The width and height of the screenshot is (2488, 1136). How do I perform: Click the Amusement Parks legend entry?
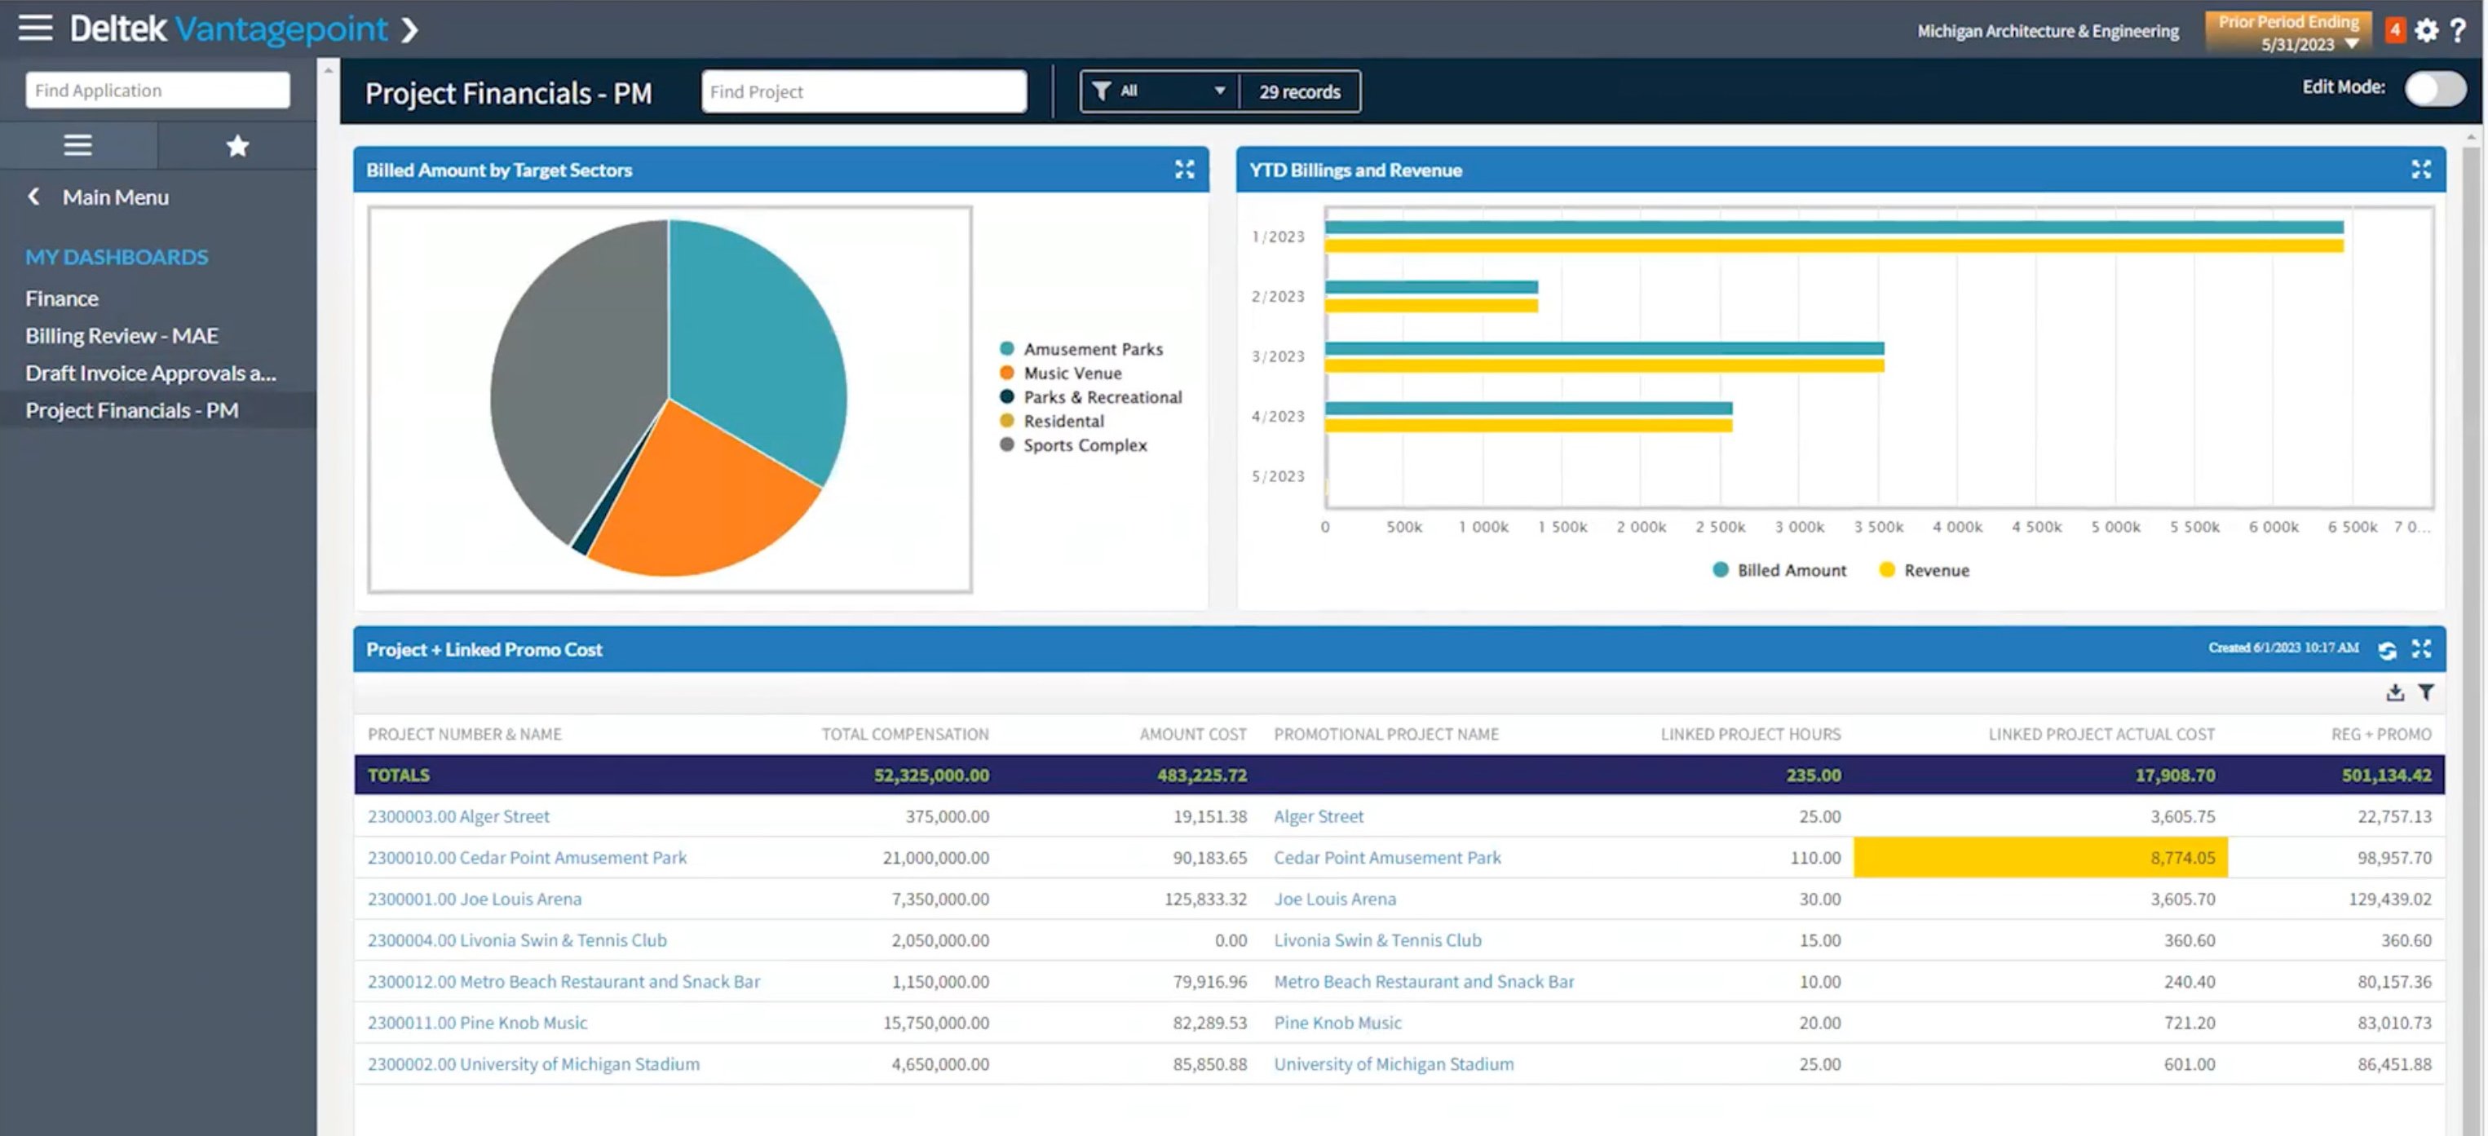point(1093,349)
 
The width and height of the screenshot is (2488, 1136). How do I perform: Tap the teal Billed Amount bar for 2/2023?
point(1430,287)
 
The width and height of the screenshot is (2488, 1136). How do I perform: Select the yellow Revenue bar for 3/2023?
point(1603,366)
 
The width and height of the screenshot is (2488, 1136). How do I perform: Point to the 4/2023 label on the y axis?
point(1277,417)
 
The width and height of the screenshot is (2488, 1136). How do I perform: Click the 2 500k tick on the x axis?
point(1719,527)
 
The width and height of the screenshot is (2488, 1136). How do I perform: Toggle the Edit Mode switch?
point(2434,89)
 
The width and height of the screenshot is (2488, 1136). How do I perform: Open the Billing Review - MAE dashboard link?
point(122,335)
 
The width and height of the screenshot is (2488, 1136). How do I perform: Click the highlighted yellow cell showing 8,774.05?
point(2039,858)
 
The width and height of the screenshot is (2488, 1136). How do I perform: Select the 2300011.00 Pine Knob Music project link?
point(477,1022)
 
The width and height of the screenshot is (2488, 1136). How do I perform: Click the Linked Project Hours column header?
point(1749,734)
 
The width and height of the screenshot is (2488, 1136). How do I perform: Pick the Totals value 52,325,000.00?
point(930,775)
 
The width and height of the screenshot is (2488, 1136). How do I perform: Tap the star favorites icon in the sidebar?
point(236,146)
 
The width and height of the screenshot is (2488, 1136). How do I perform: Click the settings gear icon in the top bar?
point(2425,31)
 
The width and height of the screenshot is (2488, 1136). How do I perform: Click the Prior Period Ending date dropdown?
point(2288,32)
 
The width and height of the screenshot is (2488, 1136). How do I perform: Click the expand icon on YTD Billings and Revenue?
point(2420,170)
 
